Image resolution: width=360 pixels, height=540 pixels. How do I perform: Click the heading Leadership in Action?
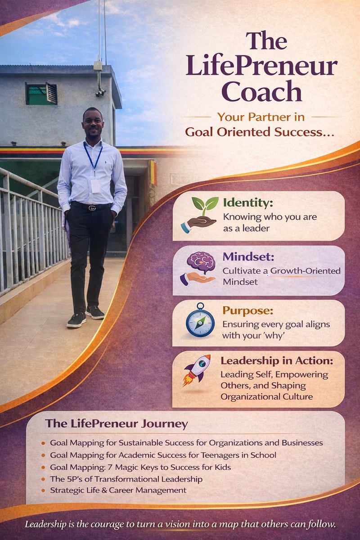pyautogui.click(x=277, y=361)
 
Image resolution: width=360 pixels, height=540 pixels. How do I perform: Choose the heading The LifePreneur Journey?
pyautogui.click(x=116, y=424)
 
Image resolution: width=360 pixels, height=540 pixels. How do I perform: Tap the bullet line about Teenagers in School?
pyautogui.click(x=163, y=455)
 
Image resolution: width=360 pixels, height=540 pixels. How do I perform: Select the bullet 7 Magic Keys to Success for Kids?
pyautogui.click(x=140, y=467)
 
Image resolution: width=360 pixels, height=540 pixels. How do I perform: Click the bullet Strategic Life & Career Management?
pyautogui.click(x=118, y=490)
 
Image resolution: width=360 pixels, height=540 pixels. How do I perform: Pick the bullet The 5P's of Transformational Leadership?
pyautogui.click(x=126, y=479)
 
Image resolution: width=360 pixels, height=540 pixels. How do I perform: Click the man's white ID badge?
pyautogui.click(x=95, y=186)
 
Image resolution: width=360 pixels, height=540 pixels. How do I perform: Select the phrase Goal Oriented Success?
pyautogui.click(x=260, y=133)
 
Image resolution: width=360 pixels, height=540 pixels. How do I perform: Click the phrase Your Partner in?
pyautogui.click(x=261, y=117)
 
